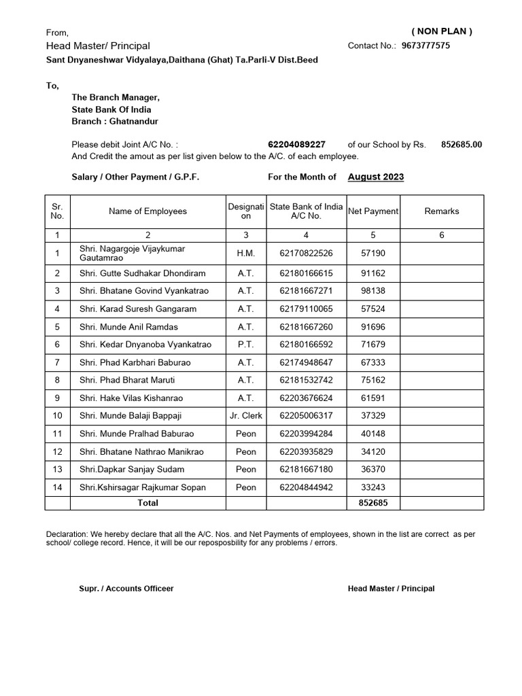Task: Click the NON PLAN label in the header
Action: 442,31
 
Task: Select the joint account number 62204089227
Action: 297,144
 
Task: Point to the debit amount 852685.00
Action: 462,144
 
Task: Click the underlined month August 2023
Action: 376,177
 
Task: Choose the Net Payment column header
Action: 373,211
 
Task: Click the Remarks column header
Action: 442,211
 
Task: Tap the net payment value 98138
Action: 373,291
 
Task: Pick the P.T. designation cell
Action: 246,345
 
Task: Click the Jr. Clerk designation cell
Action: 246,415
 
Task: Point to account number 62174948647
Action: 306,362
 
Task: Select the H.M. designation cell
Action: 246,253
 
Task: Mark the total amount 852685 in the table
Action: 373,503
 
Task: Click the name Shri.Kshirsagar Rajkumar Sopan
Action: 142,487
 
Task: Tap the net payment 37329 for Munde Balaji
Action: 373,415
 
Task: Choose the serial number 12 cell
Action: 57,451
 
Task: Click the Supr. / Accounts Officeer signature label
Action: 126,589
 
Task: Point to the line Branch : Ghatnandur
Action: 115,121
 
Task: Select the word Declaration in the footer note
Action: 67,534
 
